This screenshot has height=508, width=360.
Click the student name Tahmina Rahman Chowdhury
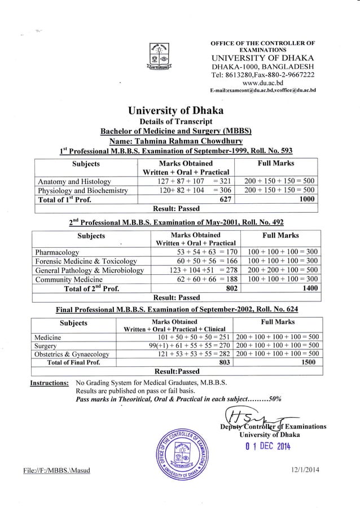coord(179,141)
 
